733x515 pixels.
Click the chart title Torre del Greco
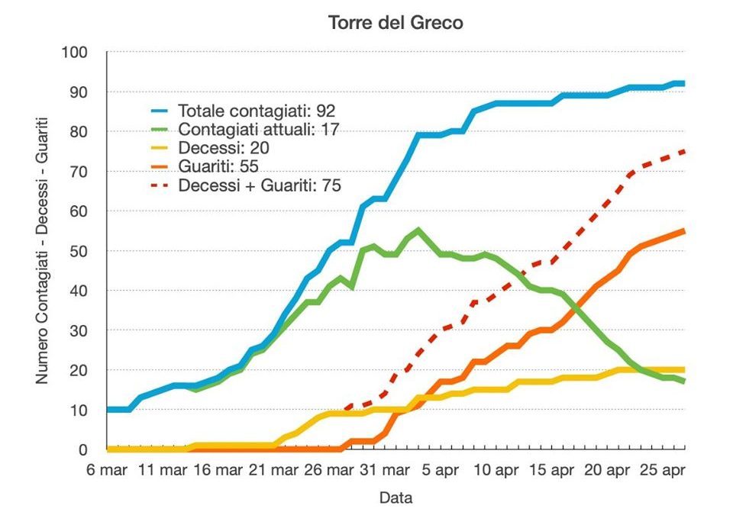(396, 23)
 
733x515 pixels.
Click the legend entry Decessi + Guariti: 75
(259, 185)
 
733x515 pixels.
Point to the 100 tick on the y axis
(76, 52)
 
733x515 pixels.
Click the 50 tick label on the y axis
(80, 251)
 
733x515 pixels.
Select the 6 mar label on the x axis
(105, 471)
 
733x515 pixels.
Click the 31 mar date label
(383, 471)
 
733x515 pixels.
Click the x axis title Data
(396, 498)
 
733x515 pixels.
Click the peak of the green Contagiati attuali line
(418, 230)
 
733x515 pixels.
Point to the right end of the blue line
(683, 84)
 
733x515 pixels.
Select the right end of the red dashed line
(683, 151)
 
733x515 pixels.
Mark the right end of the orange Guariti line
(683, 230)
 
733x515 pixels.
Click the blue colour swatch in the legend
(159, 111)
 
